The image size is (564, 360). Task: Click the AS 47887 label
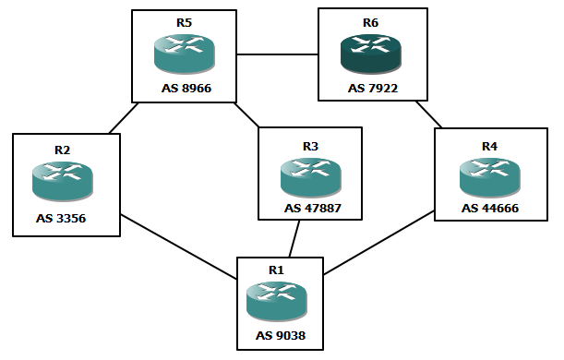pyautogui.click(x=311, y=209)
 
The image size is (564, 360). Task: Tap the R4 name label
pyautogui.click(x=488, y=147)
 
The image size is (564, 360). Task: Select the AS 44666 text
pyautogui.click(x=490, y=209)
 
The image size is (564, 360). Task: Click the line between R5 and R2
pyautogui.click(x=123, y=118)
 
